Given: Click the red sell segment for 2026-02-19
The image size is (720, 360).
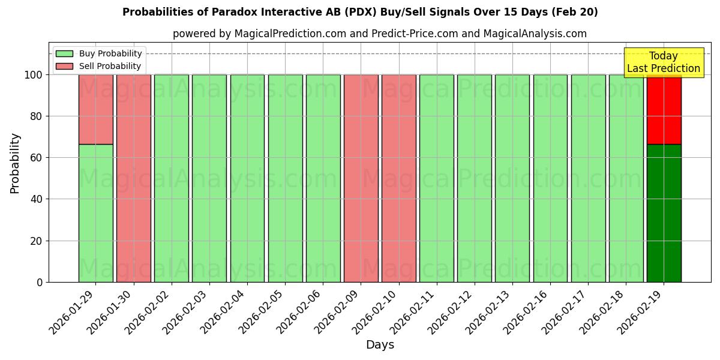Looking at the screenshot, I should point(664,109).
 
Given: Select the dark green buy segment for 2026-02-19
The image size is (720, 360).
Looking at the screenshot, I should point(664,213).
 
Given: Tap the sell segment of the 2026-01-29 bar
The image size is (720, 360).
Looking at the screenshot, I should point(95,109).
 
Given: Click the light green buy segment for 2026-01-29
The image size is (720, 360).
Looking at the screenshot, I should point(95,213).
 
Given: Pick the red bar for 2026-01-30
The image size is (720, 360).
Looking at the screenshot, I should point(133,178).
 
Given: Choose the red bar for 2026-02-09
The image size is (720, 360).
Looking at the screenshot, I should point(361,178).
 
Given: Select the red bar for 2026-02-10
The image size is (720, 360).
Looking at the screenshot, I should point(398,178).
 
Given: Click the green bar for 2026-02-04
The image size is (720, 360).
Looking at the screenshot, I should point(247,178).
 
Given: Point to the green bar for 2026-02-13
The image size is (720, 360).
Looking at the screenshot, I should point(512,178).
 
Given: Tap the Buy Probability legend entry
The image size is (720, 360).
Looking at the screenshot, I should point(99,53).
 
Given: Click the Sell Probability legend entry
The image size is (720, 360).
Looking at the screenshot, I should point(99,66).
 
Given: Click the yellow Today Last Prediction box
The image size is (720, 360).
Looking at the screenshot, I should point(664,62).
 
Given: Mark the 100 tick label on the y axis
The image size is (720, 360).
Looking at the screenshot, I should point(33,75).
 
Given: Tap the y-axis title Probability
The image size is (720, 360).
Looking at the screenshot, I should point(15,163).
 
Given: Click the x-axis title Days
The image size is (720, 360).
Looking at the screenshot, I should point(380,345).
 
